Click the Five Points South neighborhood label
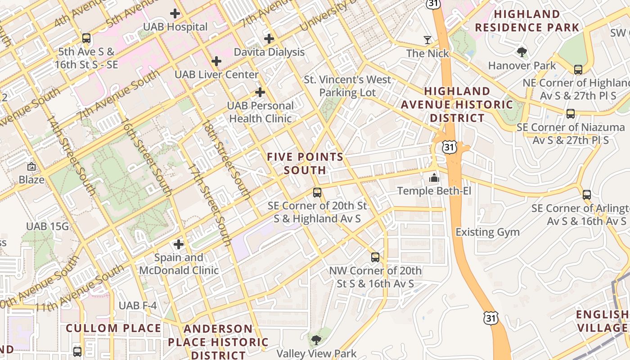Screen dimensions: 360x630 (305, 164)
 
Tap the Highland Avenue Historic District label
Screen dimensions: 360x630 (457, 105)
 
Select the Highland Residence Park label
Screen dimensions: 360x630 (527, 21)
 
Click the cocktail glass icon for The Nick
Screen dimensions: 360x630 (427, 40)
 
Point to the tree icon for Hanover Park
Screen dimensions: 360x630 (522, 52)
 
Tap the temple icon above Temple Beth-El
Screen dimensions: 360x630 (434, 178)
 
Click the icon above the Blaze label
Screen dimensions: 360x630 (31, 166)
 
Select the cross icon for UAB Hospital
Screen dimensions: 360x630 (175, 13)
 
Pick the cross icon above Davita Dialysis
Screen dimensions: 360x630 (269, 39)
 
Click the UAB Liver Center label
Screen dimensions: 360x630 (216, 74)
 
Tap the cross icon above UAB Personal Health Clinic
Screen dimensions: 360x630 (260, 92)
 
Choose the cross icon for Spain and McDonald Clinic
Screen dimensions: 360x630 (179, 244)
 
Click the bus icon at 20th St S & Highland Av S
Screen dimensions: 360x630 (317, 193)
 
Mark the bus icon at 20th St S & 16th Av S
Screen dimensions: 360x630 (375, 257)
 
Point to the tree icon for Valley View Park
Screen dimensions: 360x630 (316, 340)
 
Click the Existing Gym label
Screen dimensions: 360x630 (487, 232)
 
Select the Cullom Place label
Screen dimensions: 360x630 (113, 328)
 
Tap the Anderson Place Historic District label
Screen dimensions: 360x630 (218, 342)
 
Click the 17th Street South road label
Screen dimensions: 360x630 (210, 205)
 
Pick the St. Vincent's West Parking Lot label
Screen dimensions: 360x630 (347, 86)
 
